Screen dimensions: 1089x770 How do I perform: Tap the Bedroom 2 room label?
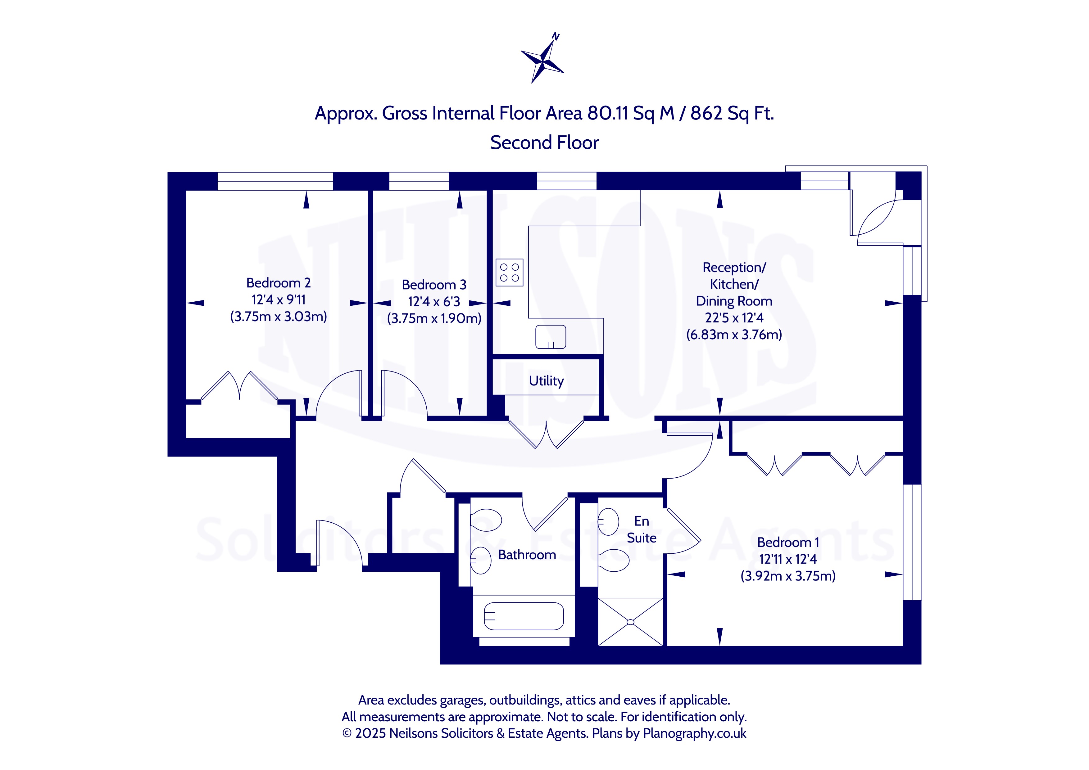(279, 283)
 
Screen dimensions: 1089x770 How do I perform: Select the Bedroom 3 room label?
(434, 285)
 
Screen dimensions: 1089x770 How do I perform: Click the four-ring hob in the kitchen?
(509, 272)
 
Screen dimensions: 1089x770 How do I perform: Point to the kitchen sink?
(551, 337)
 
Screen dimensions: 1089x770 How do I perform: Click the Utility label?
(547, 381)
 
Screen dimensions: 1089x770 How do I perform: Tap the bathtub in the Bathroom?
(524, 616)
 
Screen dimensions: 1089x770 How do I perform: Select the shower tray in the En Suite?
(630, 622)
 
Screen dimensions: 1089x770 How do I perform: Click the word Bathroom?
(527, 555)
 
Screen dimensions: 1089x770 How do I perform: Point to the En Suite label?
(642, 529)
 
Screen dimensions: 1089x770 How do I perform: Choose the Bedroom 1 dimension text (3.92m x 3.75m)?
(788, 576)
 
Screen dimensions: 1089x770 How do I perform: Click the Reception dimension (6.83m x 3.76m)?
(734, 335)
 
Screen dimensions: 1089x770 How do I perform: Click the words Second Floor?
(545, 143)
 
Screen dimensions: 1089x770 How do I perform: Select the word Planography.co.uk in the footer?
(694, 733)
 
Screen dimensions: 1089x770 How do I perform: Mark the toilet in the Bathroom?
(486, 520)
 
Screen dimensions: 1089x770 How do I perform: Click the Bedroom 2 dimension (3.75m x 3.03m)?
(279, 317)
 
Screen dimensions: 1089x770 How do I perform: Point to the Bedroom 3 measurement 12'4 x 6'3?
(434, 302)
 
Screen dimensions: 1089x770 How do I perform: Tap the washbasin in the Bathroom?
(480, 561)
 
